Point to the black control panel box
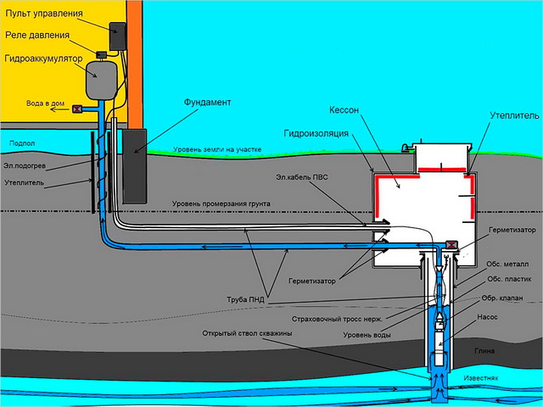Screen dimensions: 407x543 [x=117, y=36]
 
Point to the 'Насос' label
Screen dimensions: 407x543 [x=499, y=315]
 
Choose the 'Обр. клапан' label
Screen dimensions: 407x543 [x=501, y=298]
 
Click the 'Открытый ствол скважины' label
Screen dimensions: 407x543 [x=247, y=333]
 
